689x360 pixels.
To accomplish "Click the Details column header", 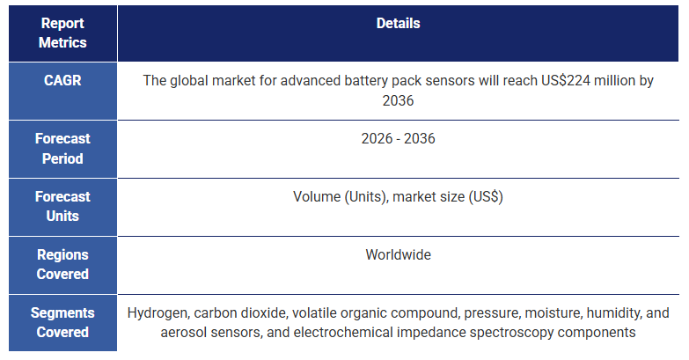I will click(398, 24).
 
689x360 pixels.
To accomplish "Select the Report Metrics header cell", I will click(62, 33).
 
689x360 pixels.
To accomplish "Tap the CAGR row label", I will click(62, 80).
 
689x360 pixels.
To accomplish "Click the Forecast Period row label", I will click(62, 149).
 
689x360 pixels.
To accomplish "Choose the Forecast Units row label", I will click(62, 206).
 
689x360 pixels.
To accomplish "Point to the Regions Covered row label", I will click(62, 264).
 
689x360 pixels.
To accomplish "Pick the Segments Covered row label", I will click(62, 322).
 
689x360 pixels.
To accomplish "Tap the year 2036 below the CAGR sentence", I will click(398, 100).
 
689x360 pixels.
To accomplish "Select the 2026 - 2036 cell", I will click(398, 139).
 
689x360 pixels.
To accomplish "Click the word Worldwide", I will click(398, 255).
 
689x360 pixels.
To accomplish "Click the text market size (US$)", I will click(448, 197).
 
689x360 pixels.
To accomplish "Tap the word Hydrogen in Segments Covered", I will click(157, 312).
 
